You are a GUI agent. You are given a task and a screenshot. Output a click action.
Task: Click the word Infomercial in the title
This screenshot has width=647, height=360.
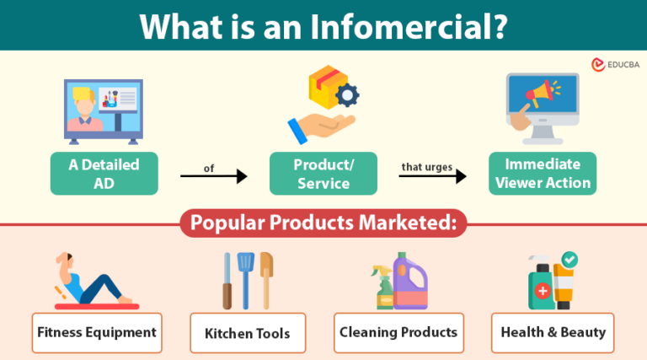[429, 25]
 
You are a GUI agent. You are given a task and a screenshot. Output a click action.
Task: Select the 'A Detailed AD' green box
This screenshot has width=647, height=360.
[104, 173]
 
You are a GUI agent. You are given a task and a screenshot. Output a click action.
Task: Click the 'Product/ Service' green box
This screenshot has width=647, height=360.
[323, 173]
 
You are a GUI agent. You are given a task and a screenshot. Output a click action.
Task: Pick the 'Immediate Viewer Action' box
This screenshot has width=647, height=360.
[542, 173]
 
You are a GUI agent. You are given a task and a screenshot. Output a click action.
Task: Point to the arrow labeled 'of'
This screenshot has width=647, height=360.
[214, 176]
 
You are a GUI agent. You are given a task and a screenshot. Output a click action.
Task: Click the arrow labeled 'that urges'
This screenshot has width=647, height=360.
[432, 176]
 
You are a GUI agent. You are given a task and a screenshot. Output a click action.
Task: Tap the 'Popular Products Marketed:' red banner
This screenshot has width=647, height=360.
[323, 225]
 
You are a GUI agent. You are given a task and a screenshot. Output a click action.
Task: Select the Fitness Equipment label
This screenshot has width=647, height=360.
[97, 332]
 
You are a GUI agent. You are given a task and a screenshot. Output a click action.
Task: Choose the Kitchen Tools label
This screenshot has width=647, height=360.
[247, 333]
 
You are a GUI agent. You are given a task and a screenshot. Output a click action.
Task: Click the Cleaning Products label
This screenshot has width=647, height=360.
[398, 332]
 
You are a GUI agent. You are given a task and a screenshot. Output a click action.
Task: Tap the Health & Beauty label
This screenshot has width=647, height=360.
[553, 332]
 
